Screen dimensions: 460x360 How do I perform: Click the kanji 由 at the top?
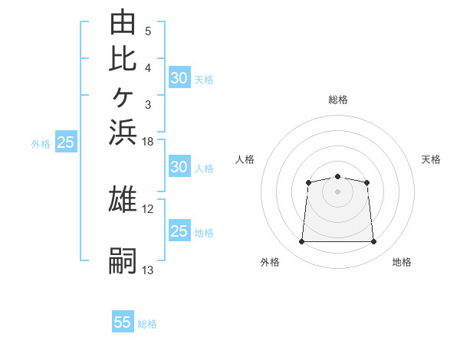pyautogui.click(x=123, y=21)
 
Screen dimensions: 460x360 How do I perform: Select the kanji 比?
pyautogui.click(x=123, y=59)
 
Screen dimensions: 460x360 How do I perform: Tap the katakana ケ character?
pyautogui.click(x=123, y=97)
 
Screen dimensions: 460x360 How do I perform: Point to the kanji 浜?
pyautogui.click(x=123, y=133)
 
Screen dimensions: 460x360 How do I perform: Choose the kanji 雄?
pyautogui.click(x=123, y=198)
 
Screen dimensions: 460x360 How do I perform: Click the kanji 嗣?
pyautogui.click(x=123, y=260)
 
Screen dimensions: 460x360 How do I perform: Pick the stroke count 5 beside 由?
pyautogui.click(x=148, y=31)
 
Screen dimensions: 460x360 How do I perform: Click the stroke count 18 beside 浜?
pyautogui.click(x=147, y=142)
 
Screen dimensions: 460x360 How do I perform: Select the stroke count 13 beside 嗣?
pyautogui.click(x=147, y=270)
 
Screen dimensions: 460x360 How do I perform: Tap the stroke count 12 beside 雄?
pyautogui.click(x=147, y=209)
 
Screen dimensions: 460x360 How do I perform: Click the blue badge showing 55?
pyautogui.click(x=123, y=321)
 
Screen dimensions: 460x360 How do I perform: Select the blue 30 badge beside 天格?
pyautogui.click(x=179, y=77)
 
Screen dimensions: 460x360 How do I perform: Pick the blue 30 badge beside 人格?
pyautogui.click(x=179, y=166)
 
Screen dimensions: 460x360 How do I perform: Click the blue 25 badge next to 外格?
pyautogui.click(x=66, y=141)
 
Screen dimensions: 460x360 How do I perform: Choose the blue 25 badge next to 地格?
pyautogui.click(x=179, y=230)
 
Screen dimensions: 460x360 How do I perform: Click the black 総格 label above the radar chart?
pyautogui.click(x=338, y=100)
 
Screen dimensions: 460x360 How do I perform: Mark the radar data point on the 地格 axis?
pyautogui.click(x=373, y=241)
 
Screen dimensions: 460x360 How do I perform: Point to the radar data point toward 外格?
pyautogui.click(x=301, y=241)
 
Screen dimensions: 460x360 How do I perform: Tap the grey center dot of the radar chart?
pyautogui.click(x=337, y=191)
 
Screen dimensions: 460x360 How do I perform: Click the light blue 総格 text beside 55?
pyautogui.click(x=147, y=324)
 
